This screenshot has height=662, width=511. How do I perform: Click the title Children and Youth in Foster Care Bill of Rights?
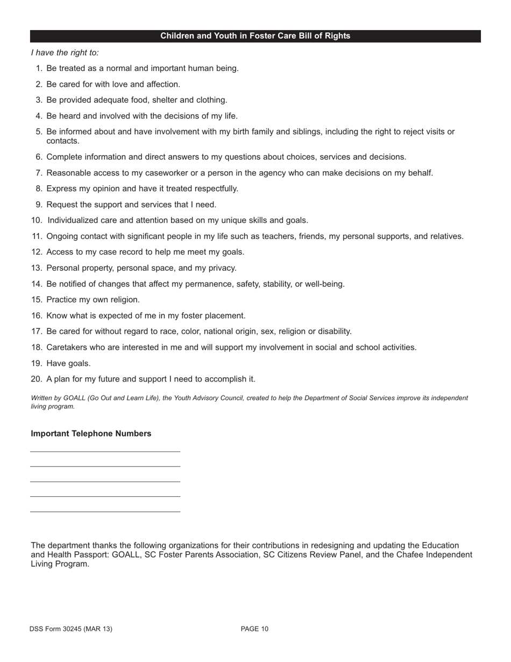255,36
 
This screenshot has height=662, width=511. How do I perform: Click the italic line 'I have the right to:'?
65,53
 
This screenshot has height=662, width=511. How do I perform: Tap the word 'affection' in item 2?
162,84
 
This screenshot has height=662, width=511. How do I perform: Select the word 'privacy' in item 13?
221,268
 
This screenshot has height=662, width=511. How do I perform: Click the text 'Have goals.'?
68,363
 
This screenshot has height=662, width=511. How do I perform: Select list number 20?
37,379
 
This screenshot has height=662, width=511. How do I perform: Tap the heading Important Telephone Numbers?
91,434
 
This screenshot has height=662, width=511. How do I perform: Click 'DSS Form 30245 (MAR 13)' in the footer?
71,629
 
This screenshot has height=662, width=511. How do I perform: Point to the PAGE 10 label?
254,629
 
